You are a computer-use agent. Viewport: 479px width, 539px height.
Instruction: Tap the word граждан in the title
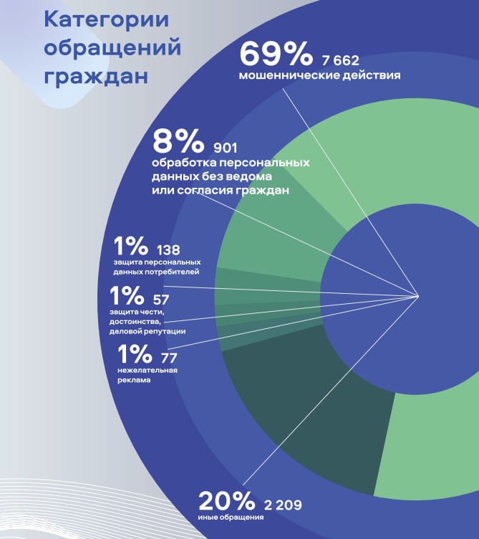pyautogui.click(x=96, y=75)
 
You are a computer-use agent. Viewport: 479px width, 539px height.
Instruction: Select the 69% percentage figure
pyautogui.click(x=276, y=54)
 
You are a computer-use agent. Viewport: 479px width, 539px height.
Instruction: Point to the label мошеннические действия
pyautogui.click(x=319, y=75)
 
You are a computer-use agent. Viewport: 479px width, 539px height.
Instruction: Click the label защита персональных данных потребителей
pyautogui.click(x=155, y=267)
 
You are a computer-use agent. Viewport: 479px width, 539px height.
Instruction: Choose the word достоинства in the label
pyautogui.click(x=135, y=322)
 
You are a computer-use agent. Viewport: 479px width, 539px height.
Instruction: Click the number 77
pyautogui.click(x=170, y=358)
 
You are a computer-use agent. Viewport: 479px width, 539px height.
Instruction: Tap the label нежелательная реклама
pyautogui.click(x=147, y=375)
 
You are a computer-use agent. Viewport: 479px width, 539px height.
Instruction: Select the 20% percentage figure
pyautogui.click(x=227, y=500)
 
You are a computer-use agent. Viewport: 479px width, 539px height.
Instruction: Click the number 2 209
pyautogui.click(x=283, y=505)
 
